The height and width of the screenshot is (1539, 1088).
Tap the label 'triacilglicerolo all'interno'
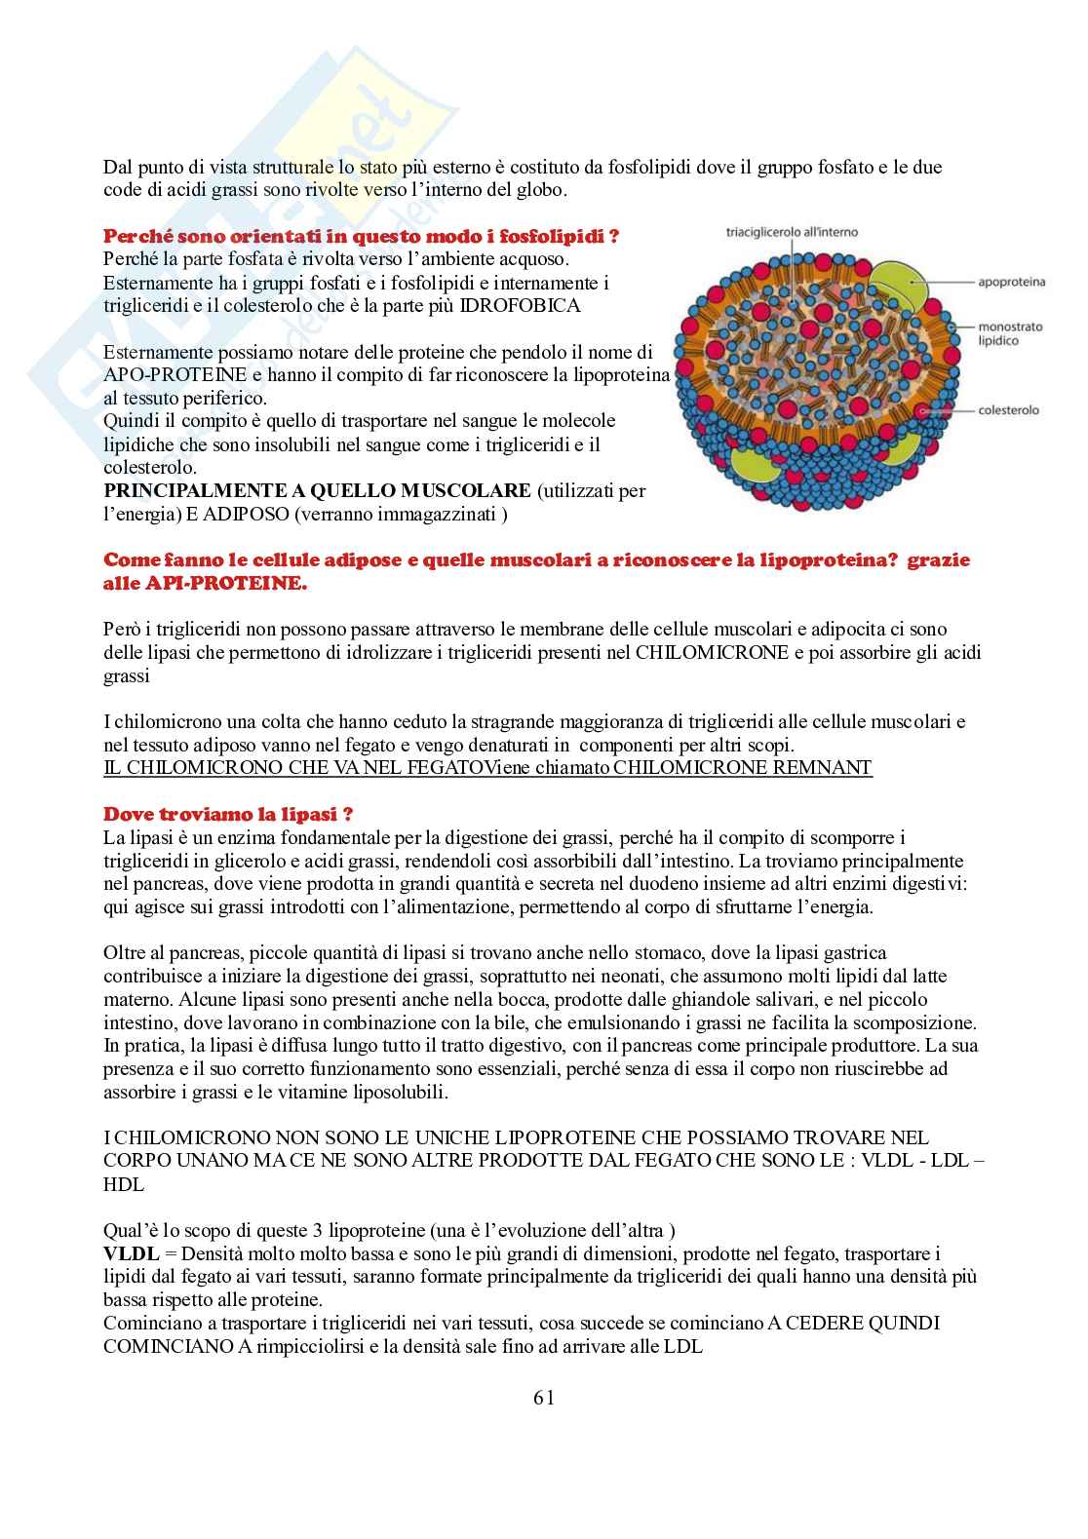[x=792, y=233]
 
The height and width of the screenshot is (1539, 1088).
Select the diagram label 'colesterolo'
[x=1008, y=410]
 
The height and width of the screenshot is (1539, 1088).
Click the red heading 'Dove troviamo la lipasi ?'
[x=228, y=814]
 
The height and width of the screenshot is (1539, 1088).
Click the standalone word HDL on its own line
[x=124, y=1184]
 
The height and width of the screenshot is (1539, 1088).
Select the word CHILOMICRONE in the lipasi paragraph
[x=711, y=652]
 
